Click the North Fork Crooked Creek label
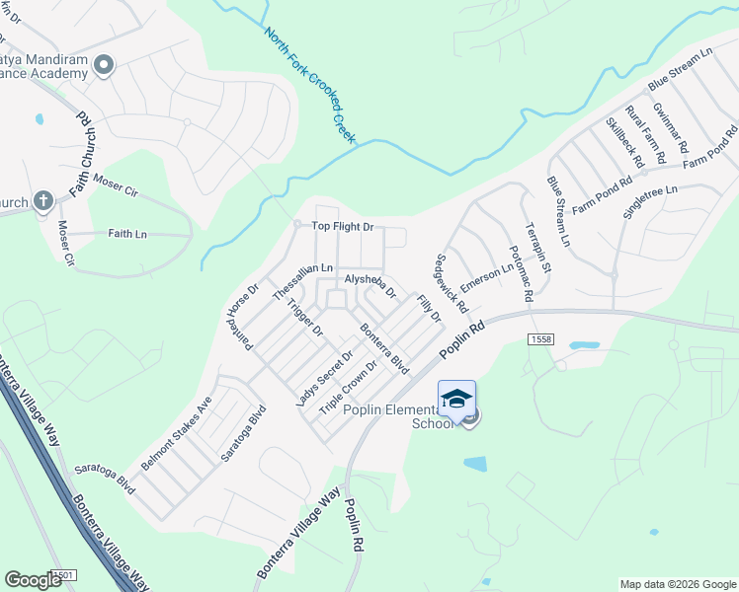click(x=309, y=85)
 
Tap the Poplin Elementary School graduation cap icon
click(x=456, y=399)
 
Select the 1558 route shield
click(x=541, y=338)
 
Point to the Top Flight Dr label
click(x=343, y=226)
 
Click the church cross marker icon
click(x=42, y=202)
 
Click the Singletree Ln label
click(x=651, y=202)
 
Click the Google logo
click(x=34, y=580)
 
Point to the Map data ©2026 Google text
click(x=677, y=584)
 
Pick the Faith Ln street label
click(x=127, y=234)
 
